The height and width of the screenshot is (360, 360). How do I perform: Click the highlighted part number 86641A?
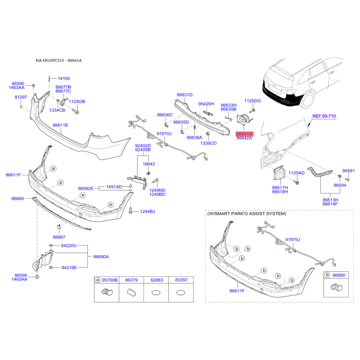(244, 134)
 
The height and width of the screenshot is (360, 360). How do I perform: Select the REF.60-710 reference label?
(324, 116)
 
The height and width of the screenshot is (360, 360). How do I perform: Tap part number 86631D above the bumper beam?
(184, 95)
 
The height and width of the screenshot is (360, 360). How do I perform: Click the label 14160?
(64, 78)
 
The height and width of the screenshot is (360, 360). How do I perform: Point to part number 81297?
(21, 97)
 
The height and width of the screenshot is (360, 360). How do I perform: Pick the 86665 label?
(18, 198)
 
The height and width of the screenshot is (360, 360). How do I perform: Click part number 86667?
(59, 237)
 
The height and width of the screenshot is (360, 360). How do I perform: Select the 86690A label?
(101, 256)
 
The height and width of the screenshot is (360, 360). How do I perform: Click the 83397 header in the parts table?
(181, 280)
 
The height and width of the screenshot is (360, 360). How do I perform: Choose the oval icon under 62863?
(156, 293)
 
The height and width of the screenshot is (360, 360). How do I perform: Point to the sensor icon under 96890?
(336, 287)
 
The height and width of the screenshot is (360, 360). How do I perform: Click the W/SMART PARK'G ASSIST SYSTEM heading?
(247, 214)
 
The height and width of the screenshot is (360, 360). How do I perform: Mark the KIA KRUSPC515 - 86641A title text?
(58, 61)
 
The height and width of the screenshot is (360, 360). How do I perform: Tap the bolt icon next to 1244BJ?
(130, 211)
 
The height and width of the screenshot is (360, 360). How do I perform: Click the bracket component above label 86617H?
(279, 173)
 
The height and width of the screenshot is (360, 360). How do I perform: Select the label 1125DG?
(252, 101)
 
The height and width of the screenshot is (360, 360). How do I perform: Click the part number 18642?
(149, 164)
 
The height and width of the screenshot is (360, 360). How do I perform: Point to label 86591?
(348, 171)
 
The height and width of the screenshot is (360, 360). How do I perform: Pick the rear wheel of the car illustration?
(308, 100)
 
